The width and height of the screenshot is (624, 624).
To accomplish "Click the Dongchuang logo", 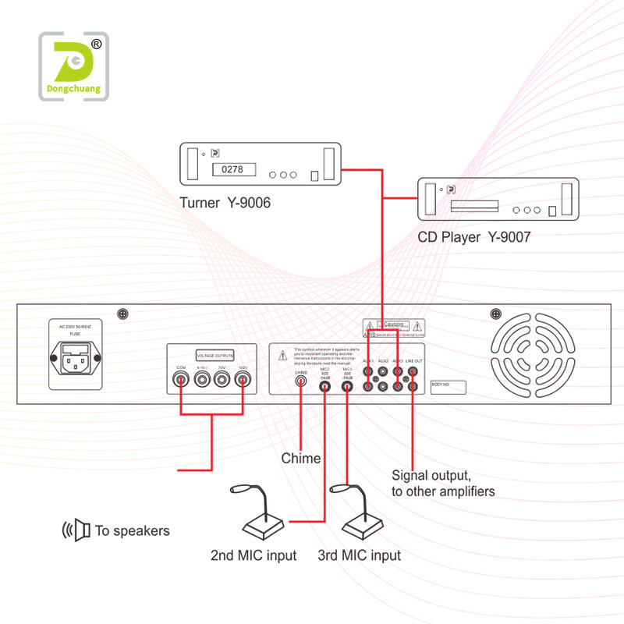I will [74, 66].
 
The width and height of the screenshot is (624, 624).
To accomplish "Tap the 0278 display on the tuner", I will [228, 168].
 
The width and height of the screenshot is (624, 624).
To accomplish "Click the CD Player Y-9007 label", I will [473, 237].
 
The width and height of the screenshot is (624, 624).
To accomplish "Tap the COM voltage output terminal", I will [182, 381].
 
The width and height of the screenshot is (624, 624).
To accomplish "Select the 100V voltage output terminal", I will [243, 381].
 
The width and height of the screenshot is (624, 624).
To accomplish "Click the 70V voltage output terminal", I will [222, 381].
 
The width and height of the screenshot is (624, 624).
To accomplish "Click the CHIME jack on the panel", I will [301, 385].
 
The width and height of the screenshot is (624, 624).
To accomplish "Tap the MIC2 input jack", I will [324, 385].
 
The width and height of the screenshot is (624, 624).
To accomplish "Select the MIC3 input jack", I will [347, 385].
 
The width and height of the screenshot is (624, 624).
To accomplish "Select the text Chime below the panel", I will [301, 459].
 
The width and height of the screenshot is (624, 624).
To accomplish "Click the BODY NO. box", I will [448, 385].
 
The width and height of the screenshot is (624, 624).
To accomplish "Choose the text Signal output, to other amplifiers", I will [442, 483].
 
